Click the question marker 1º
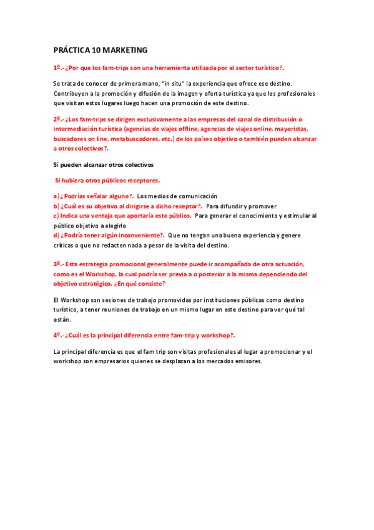(x=57, y=67)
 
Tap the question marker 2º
(x=57, y=119)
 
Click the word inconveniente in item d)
(x=136, y=236)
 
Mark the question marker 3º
(x=57, y=264)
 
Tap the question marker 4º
(x=57, y=335)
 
